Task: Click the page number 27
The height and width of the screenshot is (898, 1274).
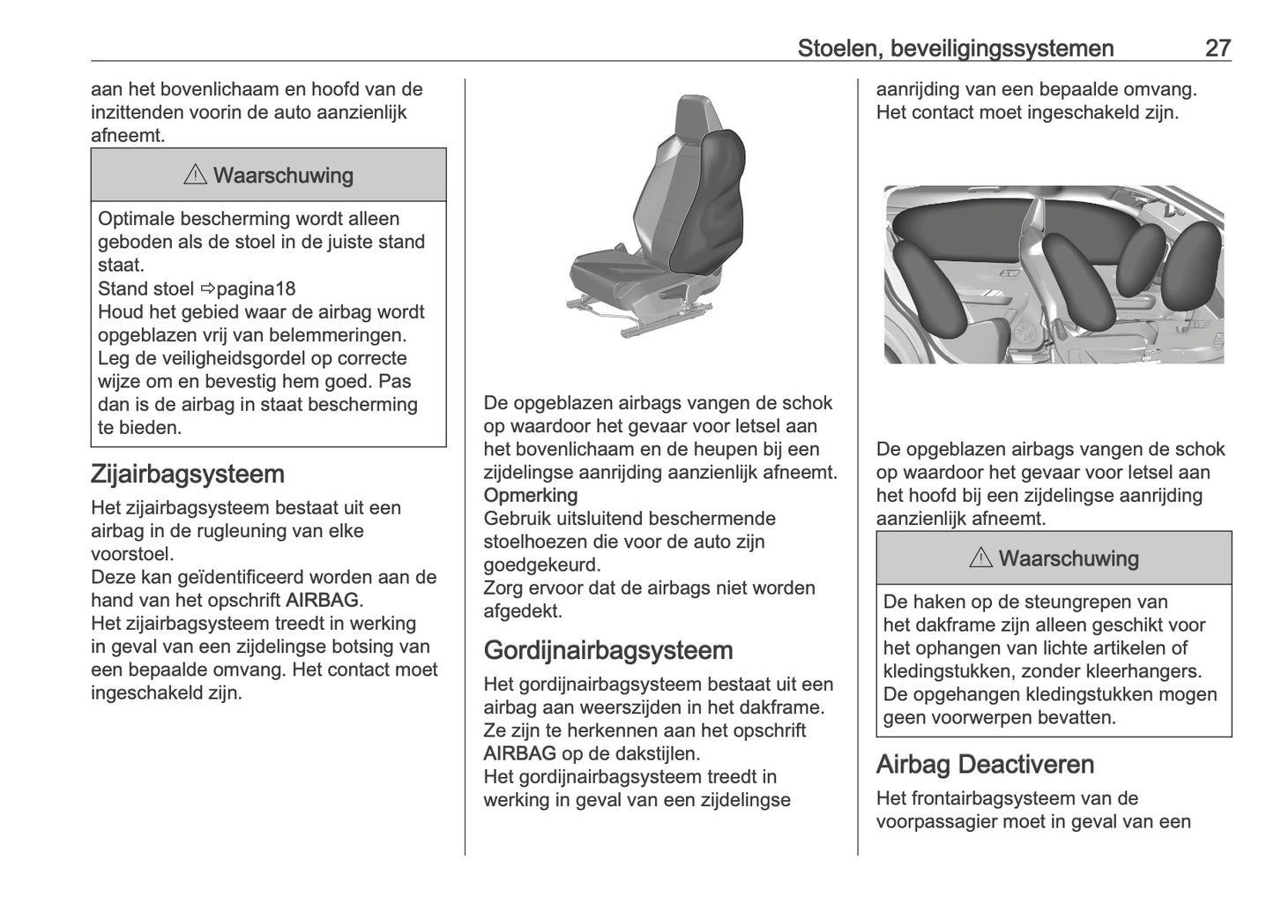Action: tap(1217, 49)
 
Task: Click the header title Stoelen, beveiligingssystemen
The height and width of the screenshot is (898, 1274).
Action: tap(955, 49)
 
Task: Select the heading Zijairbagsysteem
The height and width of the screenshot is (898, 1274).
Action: tap(187, 475)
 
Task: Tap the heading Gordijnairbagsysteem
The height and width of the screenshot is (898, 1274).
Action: tap(608, 651)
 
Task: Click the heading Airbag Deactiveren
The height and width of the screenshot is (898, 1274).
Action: tap(985, 765)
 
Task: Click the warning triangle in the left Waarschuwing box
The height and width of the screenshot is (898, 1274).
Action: tap(195, 176)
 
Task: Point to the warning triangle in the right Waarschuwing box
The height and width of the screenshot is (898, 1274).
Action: tap(980, 558)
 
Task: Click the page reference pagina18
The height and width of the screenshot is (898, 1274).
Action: tap(256, 288)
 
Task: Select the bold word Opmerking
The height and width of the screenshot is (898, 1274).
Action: tap(531, 495)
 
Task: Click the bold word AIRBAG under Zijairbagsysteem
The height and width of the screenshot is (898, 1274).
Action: tap(323, 601)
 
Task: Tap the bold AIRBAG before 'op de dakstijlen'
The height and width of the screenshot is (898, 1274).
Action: tap(519, 754)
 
